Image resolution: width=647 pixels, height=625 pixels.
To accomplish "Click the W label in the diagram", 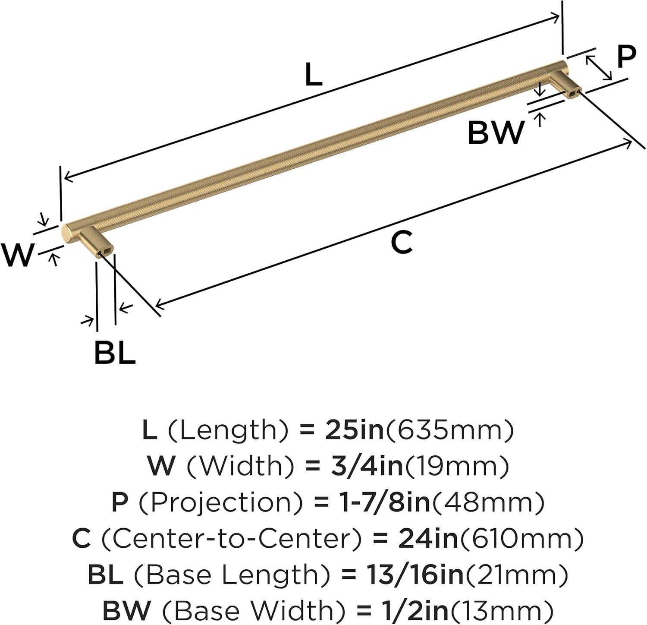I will (x=17, y=256).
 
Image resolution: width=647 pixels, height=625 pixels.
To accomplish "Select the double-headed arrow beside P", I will (x=599, y=67).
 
